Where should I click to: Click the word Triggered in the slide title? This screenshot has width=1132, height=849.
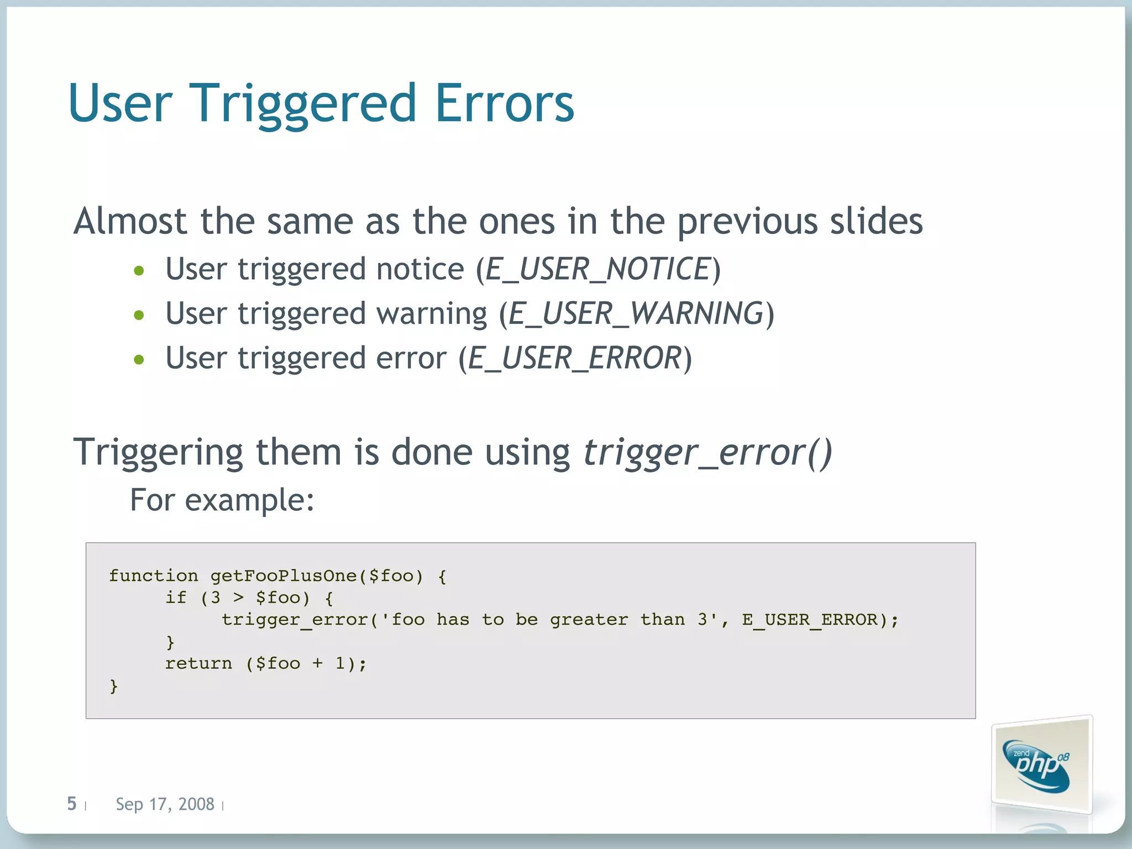click(302, 103)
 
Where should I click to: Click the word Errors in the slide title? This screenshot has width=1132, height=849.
click(505, 103)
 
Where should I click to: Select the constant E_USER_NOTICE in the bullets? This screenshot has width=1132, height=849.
click(598, 269)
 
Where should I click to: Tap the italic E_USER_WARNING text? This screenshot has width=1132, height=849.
click(636, 313)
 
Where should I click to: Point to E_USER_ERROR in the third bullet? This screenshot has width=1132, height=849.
click(575, 358)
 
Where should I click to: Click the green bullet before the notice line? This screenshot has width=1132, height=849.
click(139, 271)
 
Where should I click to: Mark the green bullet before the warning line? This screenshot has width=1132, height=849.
click(139, 315)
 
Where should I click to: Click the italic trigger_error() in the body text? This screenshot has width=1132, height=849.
click(707, 452)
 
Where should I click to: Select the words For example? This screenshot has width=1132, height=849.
click(222, 500)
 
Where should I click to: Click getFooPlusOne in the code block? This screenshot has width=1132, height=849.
click(284, 576)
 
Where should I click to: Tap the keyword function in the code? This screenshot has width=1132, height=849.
click(153, 576)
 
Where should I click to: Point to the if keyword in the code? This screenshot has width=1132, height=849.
click(176, 598)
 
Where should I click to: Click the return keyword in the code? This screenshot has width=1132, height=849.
click(198, 663)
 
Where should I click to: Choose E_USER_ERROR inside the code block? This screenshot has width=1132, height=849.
click(810, 620)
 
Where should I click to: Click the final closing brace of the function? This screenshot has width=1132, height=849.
click(114, 686)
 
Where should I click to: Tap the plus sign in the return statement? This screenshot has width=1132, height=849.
click(317, 663)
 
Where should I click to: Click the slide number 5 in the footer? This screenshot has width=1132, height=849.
click(71, 804)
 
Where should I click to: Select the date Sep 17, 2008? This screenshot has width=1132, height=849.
click(165, 804)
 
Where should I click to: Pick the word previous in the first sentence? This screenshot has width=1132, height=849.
click(747, 222)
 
